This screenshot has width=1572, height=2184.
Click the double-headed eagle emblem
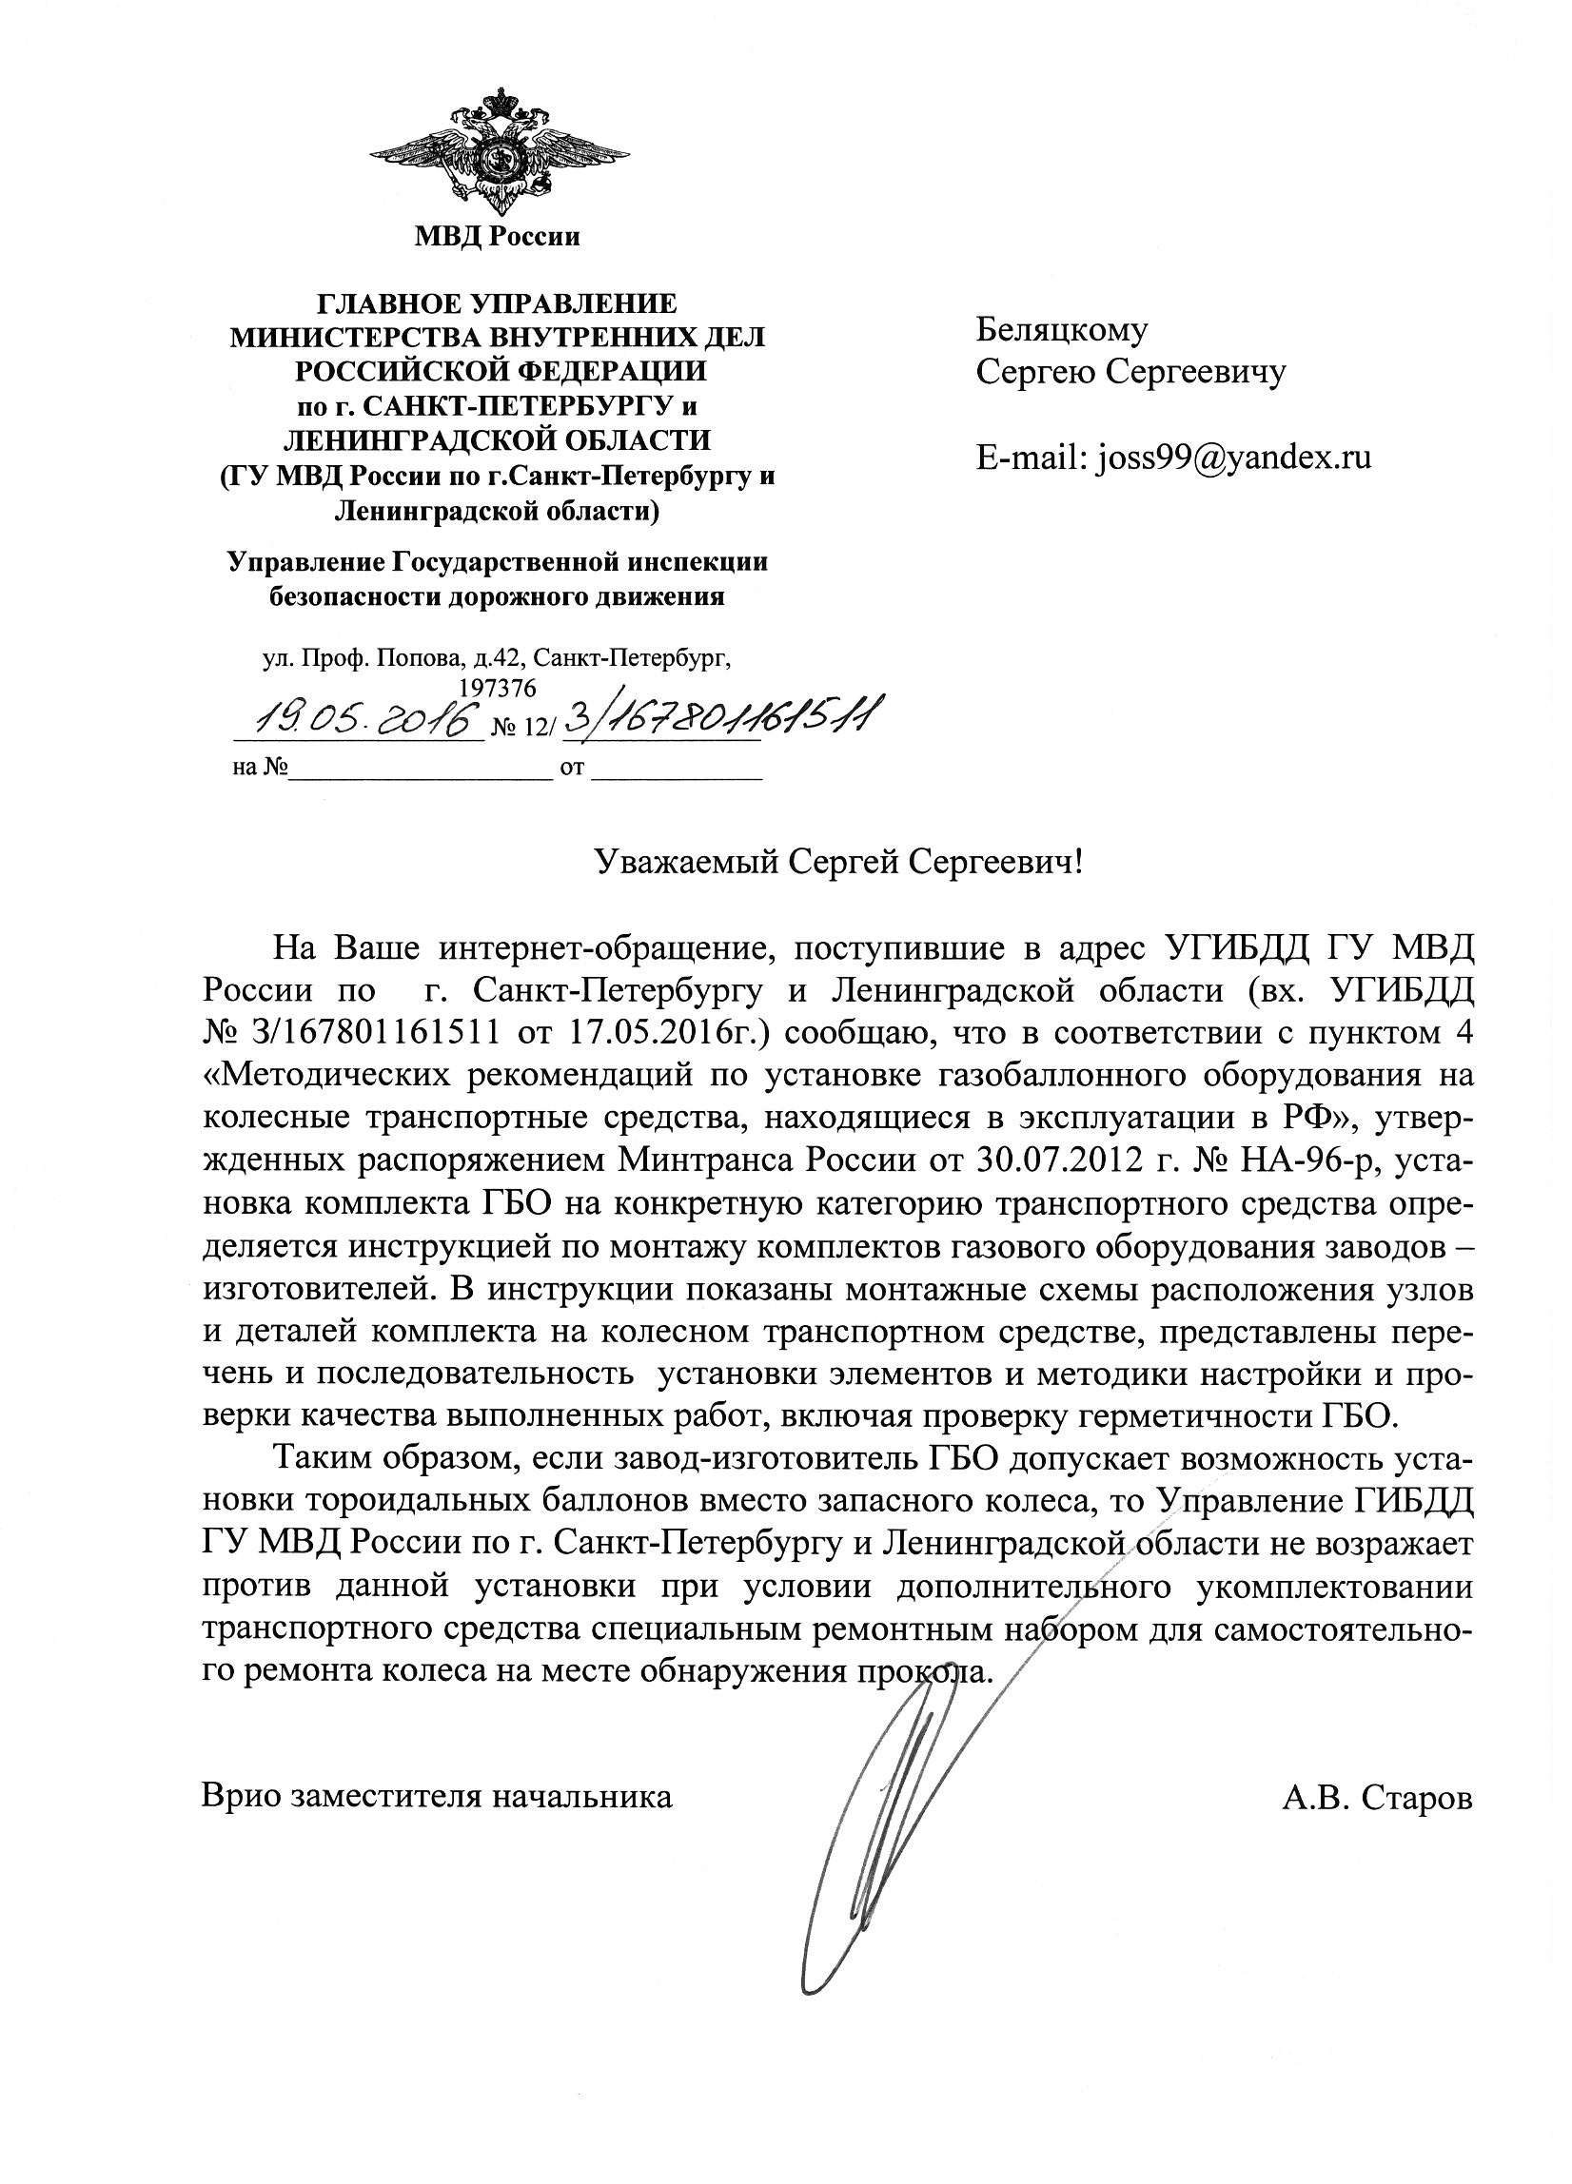click(498, 150)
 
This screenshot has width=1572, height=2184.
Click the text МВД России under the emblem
click(497, 236)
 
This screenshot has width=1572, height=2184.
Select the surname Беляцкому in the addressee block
click(1062, 330)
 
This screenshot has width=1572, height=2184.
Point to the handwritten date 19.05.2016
click(359, 717)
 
